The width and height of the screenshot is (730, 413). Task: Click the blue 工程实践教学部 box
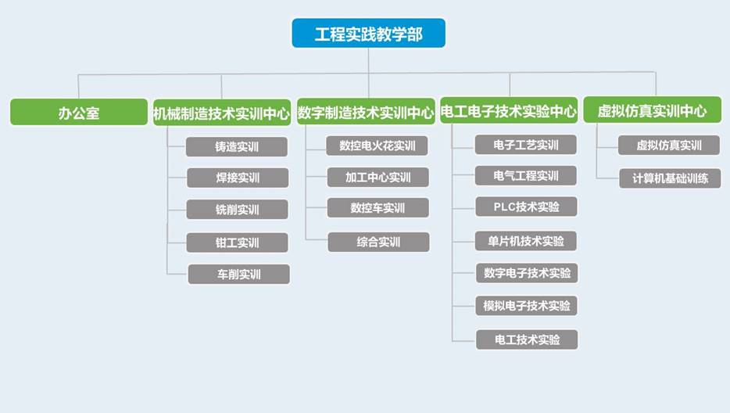click(368, 33)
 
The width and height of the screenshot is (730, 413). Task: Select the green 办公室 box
click(79, 112)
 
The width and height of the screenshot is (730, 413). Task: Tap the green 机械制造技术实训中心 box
click(222, 113)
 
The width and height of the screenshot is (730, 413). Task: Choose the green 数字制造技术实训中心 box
click(366, 111)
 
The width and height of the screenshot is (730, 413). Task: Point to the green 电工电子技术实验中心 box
click(509, 110)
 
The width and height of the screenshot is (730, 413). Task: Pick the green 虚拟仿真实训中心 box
click(653, 110)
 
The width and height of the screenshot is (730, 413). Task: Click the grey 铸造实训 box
click(237, 147)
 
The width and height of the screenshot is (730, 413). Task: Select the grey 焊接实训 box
click(238, 178)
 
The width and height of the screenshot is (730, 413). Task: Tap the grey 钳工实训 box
click(237, 242)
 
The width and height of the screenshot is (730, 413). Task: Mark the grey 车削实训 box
click(239, 274)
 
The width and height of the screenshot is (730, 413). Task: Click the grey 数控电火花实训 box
click(377, 146)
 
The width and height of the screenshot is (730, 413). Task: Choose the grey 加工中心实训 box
click(378, 177)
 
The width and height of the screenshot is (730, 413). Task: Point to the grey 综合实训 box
click(378, 242)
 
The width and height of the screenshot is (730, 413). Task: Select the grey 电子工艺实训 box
click(526, 145)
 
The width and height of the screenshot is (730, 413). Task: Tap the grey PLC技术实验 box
click(526, 206)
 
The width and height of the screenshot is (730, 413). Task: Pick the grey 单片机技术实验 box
click(526, 241)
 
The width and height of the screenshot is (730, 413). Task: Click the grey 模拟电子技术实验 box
click(527, 306)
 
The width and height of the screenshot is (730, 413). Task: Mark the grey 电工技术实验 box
click(527, 339)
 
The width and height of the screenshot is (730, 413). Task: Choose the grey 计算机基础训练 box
click(670, 178)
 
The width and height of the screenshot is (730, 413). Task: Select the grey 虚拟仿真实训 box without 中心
click(669, 145)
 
